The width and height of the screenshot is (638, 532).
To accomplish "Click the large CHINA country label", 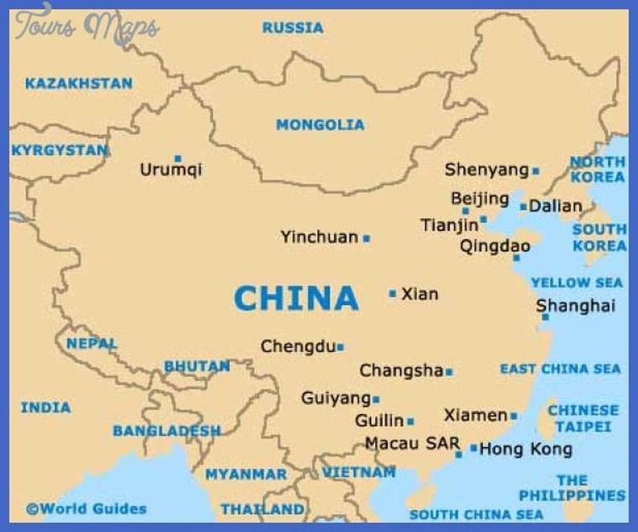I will pyautogui.click(x=296, y=299).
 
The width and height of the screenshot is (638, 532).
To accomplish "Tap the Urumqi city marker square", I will pyautogui.click(x=178, y=159).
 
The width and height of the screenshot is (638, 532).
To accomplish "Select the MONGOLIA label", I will pyautogui.click(x=320, y=125).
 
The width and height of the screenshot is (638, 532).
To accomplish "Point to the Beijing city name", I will pyautogui.click(x=480, y=199).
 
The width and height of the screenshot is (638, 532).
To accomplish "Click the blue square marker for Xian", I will pyautogui.click(x=392, y=293).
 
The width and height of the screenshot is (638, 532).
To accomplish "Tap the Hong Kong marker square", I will pyautogui.click(x=473, y=448).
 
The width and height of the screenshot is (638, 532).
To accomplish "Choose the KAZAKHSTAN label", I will pyautogui.click(x=78, y=84).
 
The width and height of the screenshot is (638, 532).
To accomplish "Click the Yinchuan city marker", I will pyautogui.click(x=366, y=238).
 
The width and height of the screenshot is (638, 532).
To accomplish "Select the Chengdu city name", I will pyautogui.click(x=298, y=347).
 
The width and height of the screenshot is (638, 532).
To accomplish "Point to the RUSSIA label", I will pyautogui.click(x=292, y=28).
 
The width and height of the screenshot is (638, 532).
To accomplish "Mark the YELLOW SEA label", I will pyautogui.click(x=576, y=282).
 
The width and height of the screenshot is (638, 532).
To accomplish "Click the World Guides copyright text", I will pyautogui.click(x=86, y=509).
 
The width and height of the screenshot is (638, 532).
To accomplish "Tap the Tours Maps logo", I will pyautogui.click(x=87, y=26).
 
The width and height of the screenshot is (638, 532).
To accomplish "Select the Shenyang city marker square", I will pyautogui.click(x=535, y=171).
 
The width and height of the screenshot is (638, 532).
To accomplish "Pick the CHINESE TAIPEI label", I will pyautogui.click(x=582, y=418).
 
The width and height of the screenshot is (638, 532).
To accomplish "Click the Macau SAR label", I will pyautogui.click(x=412, y=443).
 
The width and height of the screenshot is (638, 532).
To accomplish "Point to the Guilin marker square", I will pyautogui.click(x=410, y=421).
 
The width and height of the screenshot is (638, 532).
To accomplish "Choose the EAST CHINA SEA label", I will pyautogui.click(x=560, y=369).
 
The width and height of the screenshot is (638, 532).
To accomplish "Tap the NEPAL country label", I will pyautogui.click(x=91, y=343).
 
